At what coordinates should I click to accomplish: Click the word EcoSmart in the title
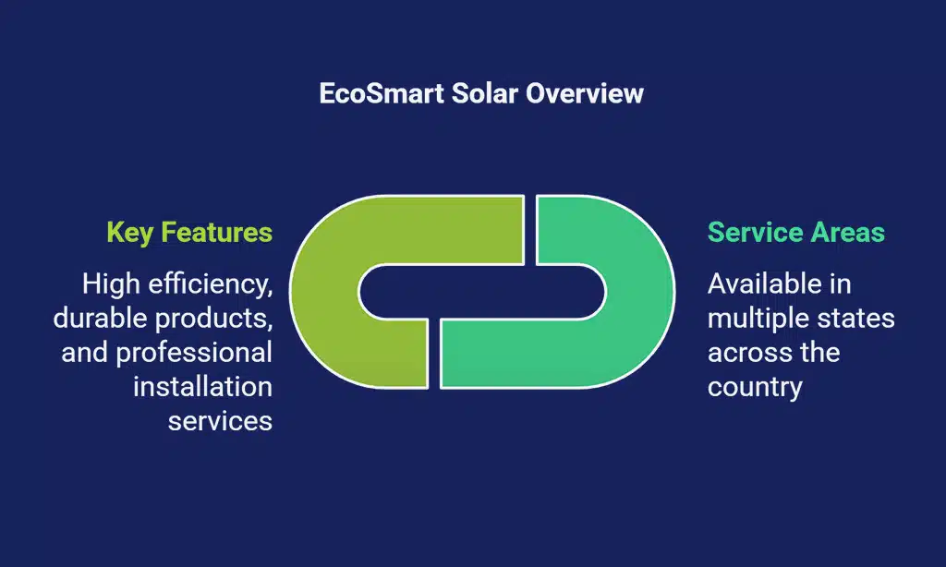tap(382, 93)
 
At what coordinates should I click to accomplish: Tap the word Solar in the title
tap(485, 93)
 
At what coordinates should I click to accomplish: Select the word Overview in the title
tap(585, 93)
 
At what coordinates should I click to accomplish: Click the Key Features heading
tap(189, 233)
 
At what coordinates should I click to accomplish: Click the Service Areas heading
tap(795, 232)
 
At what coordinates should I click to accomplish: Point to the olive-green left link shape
tap(326, 292)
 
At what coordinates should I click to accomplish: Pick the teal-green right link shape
tap(639, 292)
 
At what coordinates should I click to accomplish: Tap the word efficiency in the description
tap(211, 284)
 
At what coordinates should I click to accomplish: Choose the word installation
tap(202, 387)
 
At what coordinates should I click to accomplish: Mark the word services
tap(220, 422)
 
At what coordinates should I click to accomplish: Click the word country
tap(755, 388)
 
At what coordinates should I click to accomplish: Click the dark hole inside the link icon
tap(482, 291)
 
